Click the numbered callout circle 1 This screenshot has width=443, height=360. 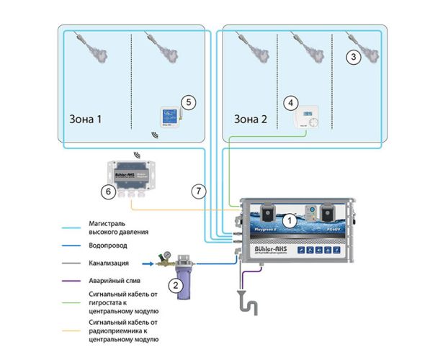tap(287, 221)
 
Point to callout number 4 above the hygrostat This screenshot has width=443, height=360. tap(290, 102)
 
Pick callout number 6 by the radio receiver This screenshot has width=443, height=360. tap(107, 192)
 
